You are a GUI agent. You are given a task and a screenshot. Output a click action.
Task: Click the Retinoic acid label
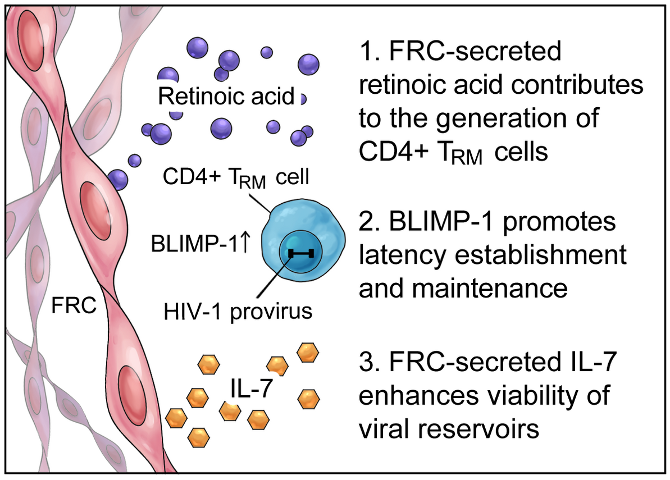[x=226, y=97]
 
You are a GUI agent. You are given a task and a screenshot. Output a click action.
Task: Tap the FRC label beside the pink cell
[x=74, y=307]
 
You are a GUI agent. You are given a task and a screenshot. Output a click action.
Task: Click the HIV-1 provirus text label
[x=238, y=311]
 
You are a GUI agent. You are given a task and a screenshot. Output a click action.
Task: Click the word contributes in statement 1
[x=573, y=85]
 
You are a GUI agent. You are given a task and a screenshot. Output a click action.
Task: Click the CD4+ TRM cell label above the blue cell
[x=236, y=177]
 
